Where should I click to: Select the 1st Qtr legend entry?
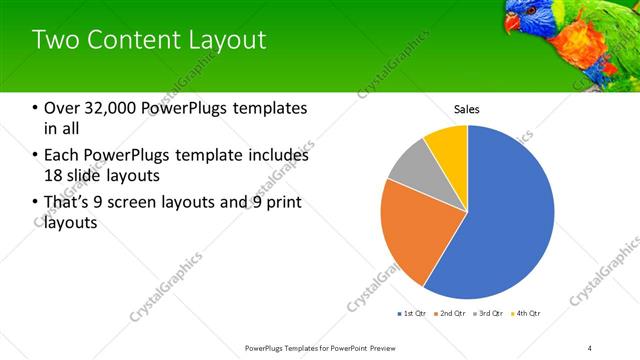pyautogui.click(x=412, y=313)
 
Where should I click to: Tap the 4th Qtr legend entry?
pyautogui.click(x=526, y=313)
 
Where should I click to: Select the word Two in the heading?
pyautogui.click(x=56, y=41)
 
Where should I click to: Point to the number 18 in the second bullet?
pyautogui.click(x=54, y=176)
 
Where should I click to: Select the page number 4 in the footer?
pyautogui.click(x=590, y=347)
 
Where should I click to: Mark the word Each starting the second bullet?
pyautogui.click(x=61, y=156)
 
